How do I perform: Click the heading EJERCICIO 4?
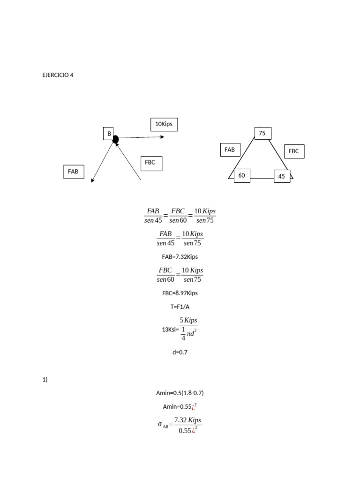(58, 75)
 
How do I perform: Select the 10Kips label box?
(164, 124)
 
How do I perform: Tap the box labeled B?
(109, 134)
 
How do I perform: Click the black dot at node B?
(115, 139)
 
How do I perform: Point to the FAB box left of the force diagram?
(73, 172)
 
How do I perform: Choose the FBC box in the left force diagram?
(151, 163)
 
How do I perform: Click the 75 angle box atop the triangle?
(262, 133)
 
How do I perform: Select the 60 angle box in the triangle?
(242, 175)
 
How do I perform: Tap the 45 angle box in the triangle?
(281, 177)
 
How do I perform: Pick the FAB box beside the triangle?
(230, 150)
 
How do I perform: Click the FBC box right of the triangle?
(294, 151)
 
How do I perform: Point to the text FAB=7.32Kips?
(180, 256)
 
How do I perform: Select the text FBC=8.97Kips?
(180, 293)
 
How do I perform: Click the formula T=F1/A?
(180, 307)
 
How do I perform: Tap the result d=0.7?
(180, 352)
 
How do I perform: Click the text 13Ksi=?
(170, 329)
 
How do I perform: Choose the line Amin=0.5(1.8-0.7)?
(180, 393)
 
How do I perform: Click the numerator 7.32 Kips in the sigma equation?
(187, 420)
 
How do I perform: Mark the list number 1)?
(45, 380)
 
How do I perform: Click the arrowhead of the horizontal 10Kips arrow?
(162, 137)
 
